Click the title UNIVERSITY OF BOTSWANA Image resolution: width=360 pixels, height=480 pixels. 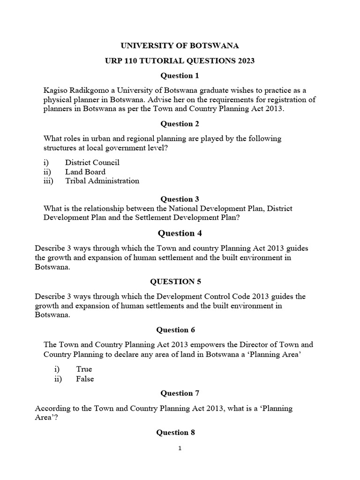(x=180, y=45)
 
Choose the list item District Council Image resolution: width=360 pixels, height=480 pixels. (x=92, y=162)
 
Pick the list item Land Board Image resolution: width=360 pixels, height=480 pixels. (x=85, y=172)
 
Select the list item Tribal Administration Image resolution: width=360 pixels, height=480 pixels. (x=102, y=180)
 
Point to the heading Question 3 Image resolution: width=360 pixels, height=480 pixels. (x=180, y=199)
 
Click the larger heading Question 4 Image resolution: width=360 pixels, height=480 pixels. (x=176, y=233)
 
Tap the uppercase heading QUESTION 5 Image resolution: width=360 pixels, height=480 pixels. (x=172, y=281)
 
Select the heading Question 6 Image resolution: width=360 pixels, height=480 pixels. (x=176, y=330)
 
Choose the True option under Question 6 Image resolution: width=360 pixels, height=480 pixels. (x=84, y=369)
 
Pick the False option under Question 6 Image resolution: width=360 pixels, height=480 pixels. (x=85, y=379)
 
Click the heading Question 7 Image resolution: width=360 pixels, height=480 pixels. (x=177, y=393)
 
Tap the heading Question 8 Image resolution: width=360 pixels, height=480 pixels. (x=176, y=432)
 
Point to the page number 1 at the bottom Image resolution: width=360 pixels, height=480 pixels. (x=180, y=448)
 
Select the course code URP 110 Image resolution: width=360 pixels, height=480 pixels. (x=123, y=60)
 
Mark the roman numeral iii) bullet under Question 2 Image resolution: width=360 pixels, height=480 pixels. (x=49, y=180)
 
